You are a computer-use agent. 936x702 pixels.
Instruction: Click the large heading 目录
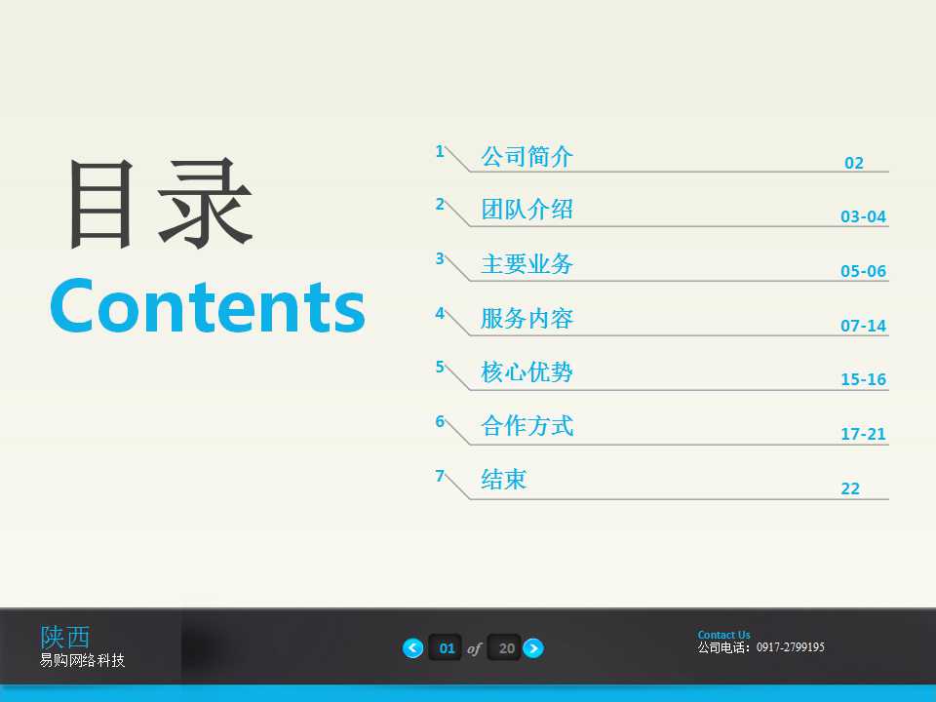(x=160, y=206)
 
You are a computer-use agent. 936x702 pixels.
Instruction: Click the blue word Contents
(x=208, y=306)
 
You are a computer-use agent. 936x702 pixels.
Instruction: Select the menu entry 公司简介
(x=526, y=156)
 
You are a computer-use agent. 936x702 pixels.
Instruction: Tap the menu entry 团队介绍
(x=526, y=210)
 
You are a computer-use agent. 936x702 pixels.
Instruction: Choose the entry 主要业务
(x=526, y=264)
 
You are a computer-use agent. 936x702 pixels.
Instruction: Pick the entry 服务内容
(x=526, y=319)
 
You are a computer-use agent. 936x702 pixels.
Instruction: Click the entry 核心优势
(x=526, y=372)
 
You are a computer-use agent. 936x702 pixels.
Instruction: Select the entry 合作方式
(x=526, y=426)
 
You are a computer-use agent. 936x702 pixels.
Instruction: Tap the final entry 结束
(x=503, y=480)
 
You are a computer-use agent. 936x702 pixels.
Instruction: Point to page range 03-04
(x=863, y=216)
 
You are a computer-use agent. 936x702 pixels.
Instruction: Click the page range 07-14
(x=863, y=326)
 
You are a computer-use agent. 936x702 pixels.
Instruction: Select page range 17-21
(x=863, y=434)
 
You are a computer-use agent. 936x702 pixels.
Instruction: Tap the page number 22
(x=850, y=488)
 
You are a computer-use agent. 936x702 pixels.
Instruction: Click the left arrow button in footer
(x=413, y=647)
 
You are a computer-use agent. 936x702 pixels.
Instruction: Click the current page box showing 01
(x=447, y=647)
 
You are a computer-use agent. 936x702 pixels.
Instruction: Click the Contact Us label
(x=723, y=635)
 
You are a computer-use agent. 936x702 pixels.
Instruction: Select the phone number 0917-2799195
(x=790, y=647)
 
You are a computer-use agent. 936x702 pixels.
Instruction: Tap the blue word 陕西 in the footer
(x=65, y=637)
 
